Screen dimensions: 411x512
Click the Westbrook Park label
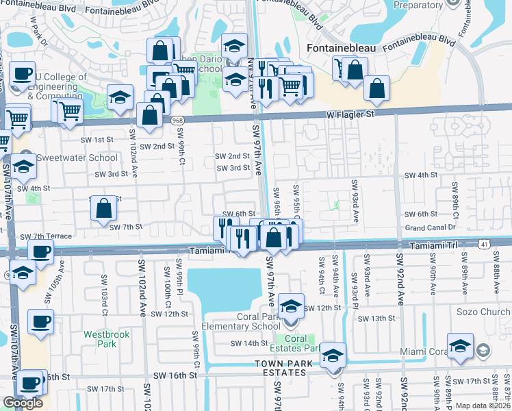click(101, 339)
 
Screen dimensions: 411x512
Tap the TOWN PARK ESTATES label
click(280, 368)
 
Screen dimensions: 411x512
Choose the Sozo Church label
click(483, 312)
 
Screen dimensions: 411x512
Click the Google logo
click(23, 403)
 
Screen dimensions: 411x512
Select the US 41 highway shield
click(484, 243)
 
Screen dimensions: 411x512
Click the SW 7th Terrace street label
click(46, 236)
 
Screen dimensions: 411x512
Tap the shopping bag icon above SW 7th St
click(103, 208)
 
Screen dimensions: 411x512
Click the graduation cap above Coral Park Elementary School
click(292, 306)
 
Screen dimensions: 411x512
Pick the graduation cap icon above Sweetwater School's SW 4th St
click(23, 166)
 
